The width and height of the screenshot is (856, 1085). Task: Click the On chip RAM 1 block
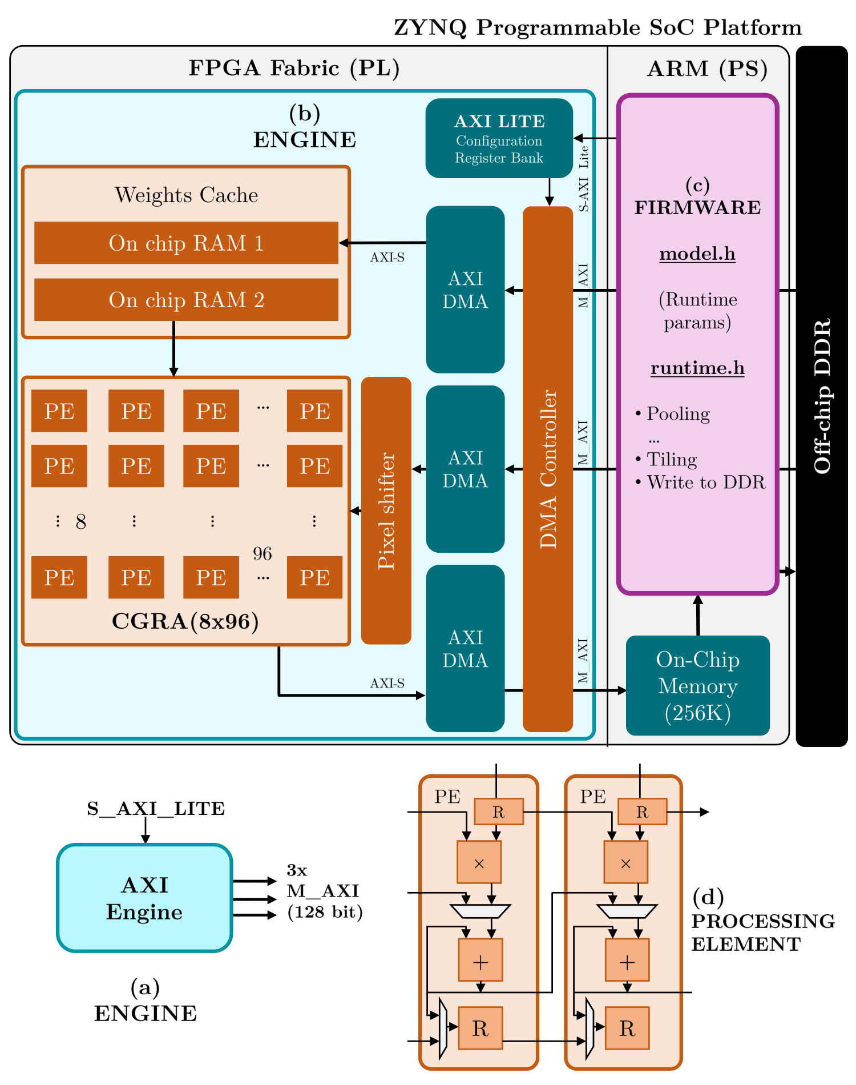186,243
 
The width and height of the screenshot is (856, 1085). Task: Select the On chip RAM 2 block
186,300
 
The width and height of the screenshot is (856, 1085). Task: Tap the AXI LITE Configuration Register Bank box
499,138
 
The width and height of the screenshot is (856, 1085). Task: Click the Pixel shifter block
386,511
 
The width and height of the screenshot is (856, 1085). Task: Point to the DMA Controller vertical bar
548,468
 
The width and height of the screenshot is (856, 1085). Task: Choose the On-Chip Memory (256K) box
697,685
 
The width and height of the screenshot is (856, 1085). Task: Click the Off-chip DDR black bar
822,396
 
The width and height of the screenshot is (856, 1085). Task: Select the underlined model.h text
697,254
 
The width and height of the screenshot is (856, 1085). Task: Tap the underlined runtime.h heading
697,368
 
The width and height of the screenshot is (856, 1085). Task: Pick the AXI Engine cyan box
144,898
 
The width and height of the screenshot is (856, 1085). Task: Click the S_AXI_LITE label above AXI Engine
156,809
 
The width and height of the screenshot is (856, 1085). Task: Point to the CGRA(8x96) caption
185,621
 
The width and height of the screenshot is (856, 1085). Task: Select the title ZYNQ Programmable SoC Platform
597,27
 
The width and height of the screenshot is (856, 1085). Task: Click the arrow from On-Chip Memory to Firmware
697,616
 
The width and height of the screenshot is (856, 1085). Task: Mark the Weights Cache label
186,195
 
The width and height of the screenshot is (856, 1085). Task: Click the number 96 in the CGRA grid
263,553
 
